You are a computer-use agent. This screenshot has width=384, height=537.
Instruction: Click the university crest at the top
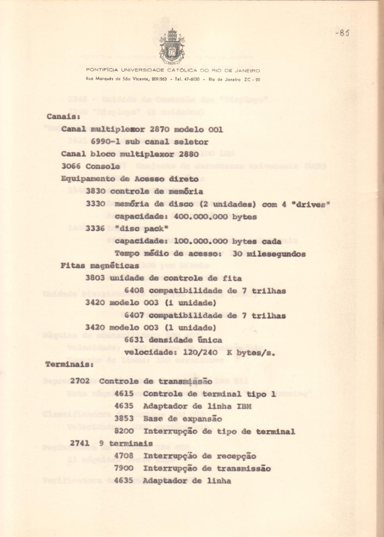tap(172, 47)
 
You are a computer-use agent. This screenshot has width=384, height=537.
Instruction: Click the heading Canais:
tap(63, 117)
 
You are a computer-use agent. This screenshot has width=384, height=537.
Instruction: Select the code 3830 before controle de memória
tap(95, 191)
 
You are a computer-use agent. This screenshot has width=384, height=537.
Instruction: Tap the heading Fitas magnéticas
tap(100, 266)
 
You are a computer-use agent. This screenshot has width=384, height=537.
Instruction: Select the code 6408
tap(134, 290)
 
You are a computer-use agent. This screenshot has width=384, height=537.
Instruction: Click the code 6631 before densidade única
tap(134, 340)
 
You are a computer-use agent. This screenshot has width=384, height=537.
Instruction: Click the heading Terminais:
tap(69, 364)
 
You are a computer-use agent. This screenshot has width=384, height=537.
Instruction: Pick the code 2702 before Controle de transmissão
tap(80, 381)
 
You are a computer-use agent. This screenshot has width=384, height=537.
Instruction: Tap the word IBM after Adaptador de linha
tap(244, 406)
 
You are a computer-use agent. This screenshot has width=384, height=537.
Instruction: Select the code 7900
tap(124, 468)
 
